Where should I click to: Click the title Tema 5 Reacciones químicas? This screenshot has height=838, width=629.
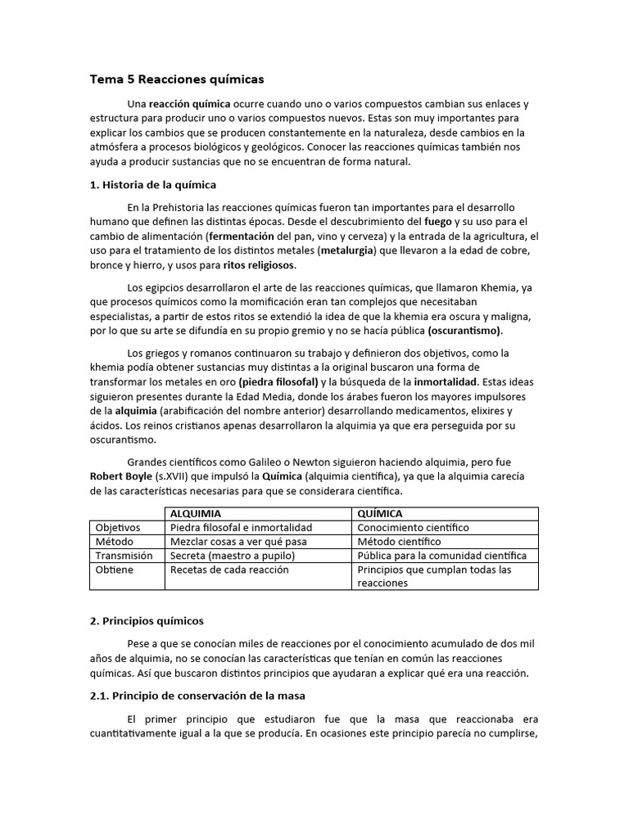[x=177, y=79]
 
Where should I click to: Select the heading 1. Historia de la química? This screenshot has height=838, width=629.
[x=152, y=184]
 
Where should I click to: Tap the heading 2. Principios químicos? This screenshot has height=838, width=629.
[x=147, y=621]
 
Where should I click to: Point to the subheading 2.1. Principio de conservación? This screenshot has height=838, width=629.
[x=197, y=696]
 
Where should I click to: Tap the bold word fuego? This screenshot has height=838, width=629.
[x=438, y=222]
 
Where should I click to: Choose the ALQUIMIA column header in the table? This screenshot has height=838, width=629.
[x=195, y=513]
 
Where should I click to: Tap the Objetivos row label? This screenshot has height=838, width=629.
[x=118, y=528]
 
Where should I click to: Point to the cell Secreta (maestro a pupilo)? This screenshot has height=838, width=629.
[x=232, y=556]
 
